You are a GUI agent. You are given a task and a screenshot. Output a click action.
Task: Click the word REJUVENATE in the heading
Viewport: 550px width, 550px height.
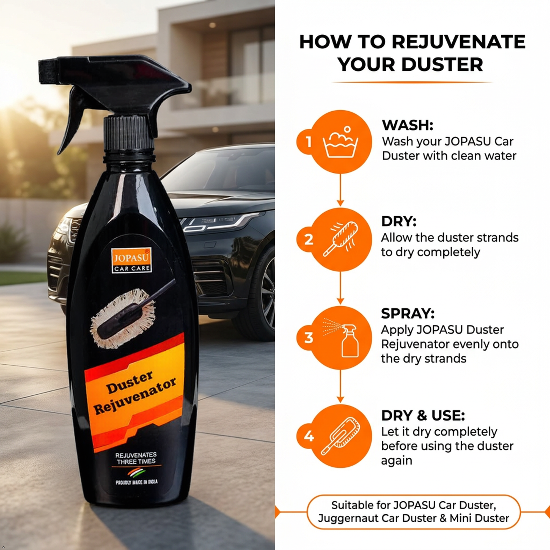tap(459, 42)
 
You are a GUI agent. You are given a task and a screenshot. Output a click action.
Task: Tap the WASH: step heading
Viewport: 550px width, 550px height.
tap(407, 125)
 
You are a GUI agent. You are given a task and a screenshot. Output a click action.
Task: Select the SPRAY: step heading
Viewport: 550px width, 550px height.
tap(408, 314)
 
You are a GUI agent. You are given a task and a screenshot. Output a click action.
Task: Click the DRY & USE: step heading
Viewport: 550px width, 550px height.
tap(423, 416)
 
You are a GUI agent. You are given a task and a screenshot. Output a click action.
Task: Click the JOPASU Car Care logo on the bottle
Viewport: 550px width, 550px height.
tap(131, 260)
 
